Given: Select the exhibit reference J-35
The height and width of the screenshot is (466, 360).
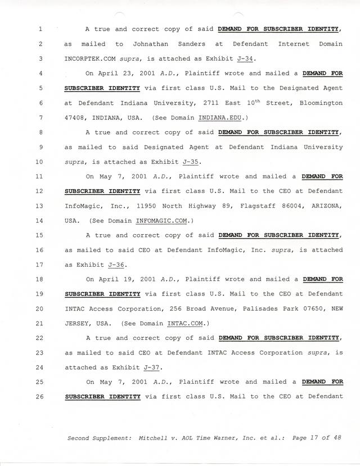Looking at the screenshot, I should pos(193,162).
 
